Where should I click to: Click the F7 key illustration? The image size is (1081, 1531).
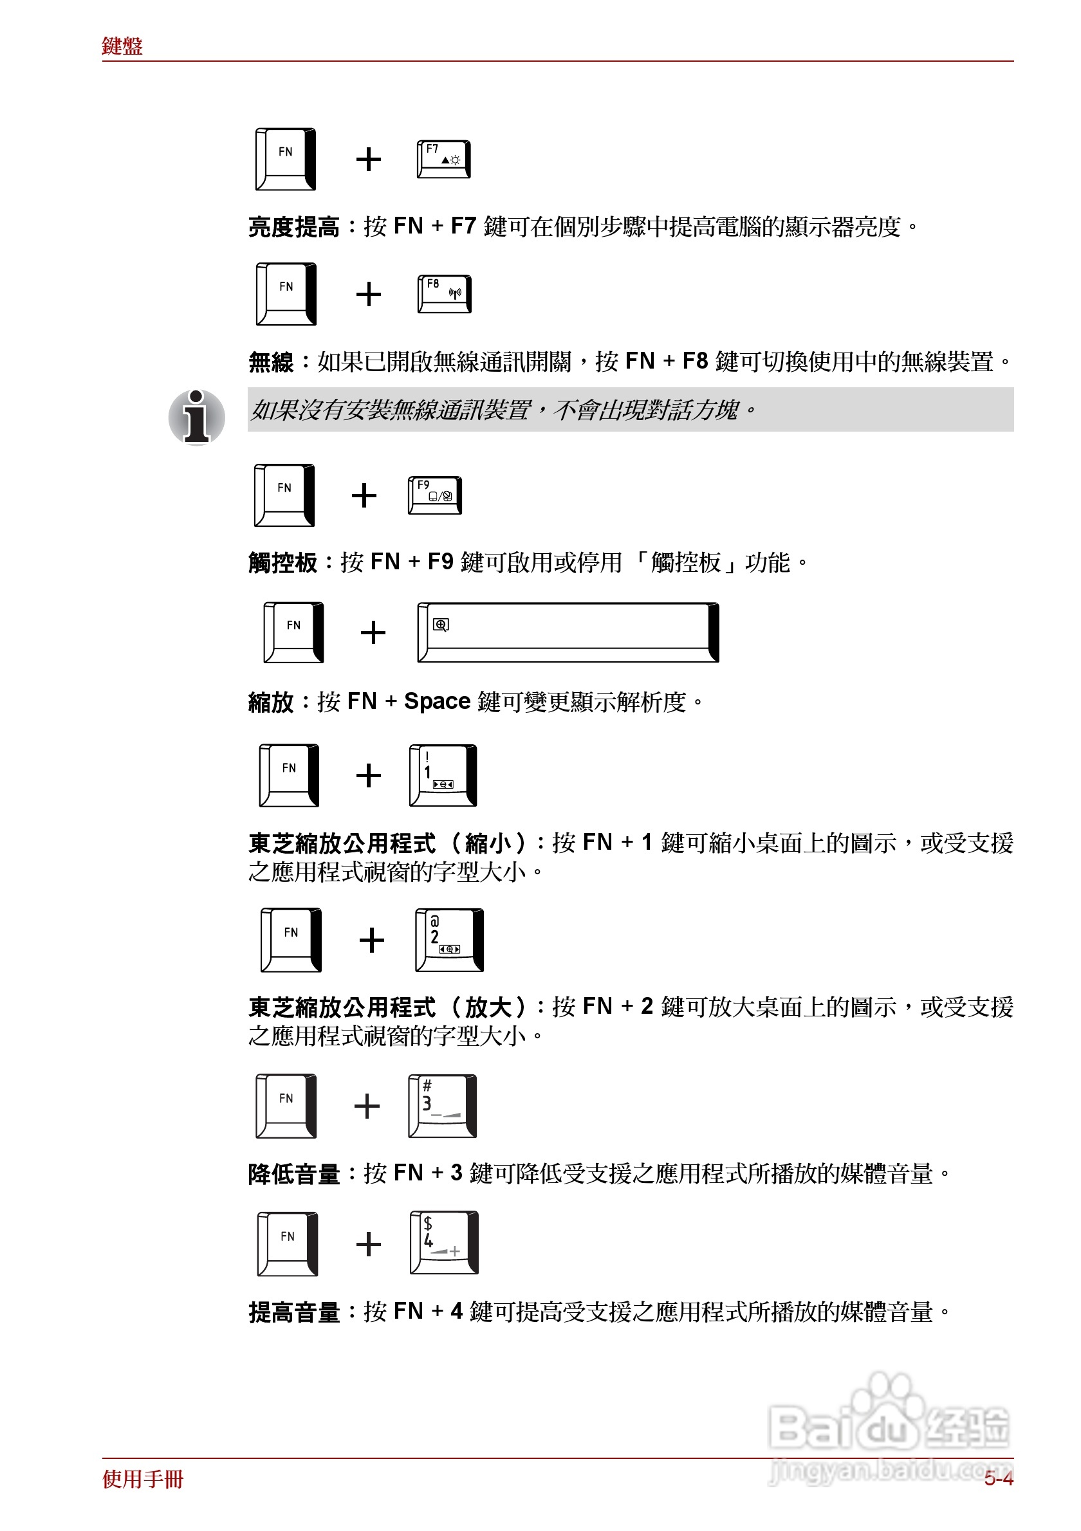[443, 160]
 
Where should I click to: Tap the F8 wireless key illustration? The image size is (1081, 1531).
[444, 294]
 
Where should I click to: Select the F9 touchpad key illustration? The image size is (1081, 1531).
[435, 495]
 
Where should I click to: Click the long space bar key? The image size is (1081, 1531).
[568, 632]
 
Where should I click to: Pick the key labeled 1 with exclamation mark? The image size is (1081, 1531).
[443, 775]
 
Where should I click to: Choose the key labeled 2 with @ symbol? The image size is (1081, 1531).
[448, 940]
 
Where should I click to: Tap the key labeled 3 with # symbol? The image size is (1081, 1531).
[442, 1106]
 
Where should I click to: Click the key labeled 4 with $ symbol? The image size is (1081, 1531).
[443, 1242]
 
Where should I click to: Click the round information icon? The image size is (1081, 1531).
[197, 417]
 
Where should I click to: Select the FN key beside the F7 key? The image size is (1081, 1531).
[286, 159]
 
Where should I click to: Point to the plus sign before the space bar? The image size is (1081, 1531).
[373, 632]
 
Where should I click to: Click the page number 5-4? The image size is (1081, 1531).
[998, 1479]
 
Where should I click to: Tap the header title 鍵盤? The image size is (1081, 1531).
[122, 46]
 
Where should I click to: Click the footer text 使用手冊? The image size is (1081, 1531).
[143, 1479]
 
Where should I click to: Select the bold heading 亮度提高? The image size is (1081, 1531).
[293, 227]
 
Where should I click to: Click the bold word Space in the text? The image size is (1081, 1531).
[437, 701]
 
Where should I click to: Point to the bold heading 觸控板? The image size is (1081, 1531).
[282, 563]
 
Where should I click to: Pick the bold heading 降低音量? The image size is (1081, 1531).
[293, 1173]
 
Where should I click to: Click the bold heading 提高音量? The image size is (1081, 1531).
[293, 1312]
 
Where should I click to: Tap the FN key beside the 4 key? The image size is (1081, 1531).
[288, 1243]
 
